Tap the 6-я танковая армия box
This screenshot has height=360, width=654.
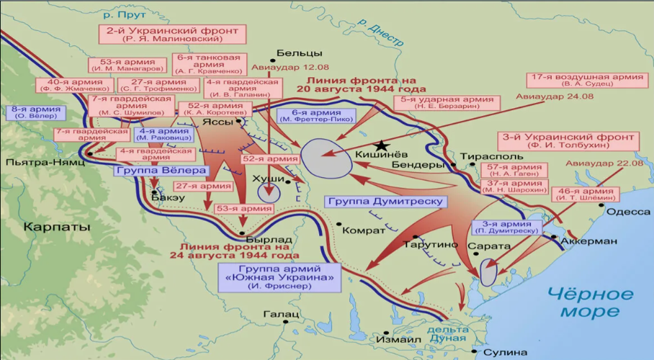click(213, 63)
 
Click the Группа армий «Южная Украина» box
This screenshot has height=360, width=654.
click(280, 276)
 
